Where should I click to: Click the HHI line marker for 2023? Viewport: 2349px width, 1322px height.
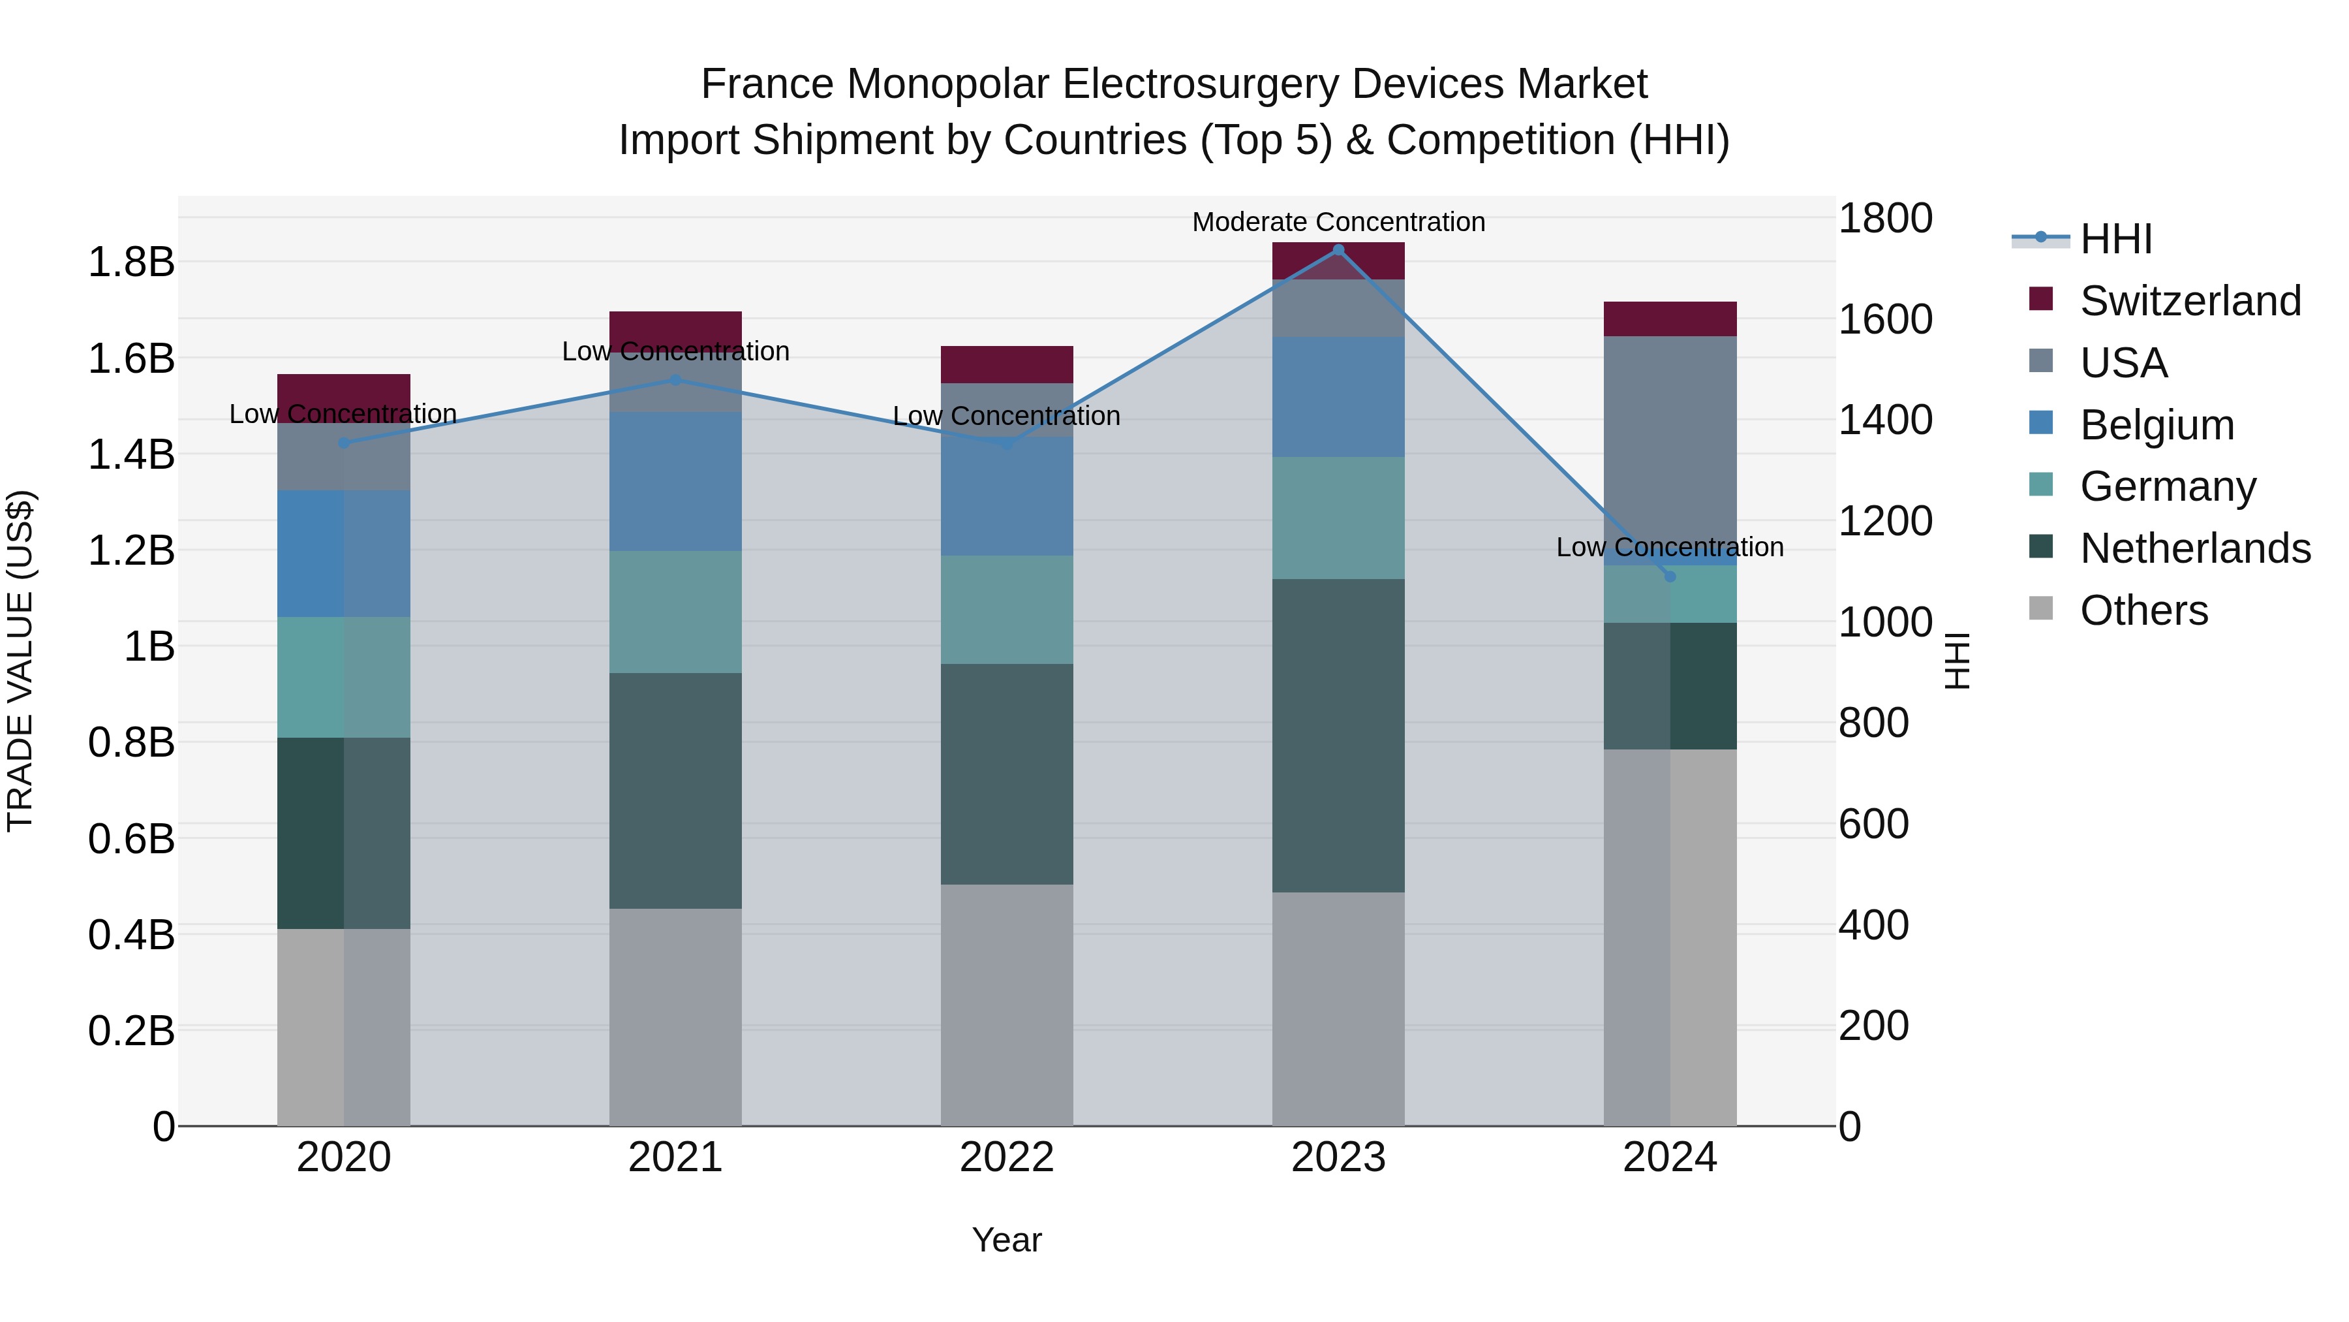click(x=1338, y=250)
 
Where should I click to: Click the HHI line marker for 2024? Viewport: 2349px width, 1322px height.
click(x=1670, y=576)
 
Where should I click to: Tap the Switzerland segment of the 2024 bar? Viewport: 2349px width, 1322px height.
click(x=1670, y=319)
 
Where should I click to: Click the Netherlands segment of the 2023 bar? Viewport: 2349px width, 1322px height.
click(x=1338, y=735)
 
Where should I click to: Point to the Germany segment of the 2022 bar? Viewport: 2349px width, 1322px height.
click(x=1007, y=610)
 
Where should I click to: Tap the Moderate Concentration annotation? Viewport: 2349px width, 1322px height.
click(x=1338, y=222)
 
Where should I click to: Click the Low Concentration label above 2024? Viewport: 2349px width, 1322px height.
click(x=1670, y=548)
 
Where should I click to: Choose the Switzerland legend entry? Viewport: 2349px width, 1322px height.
click(x=2188, y=301)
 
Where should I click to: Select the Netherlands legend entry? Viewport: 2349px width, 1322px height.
click(x=2194, y=548)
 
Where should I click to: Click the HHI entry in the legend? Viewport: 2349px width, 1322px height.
click(x=2115, y=239)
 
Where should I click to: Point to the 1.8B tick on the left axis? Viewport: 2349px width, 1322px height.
click(x=130, y=262)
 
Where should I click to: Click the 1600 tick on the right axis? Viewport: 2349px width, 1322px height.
click(x=1884, y=319)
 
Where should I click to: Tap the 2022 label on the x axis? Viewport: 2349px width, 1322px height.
click(x=1007, y=1157)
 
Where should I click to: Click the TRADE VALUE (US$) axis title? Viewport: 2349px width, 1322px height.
click(x=20, y=661)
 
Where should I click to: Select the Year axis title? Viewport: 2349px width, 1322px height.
click(x=1007, y=1240)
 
